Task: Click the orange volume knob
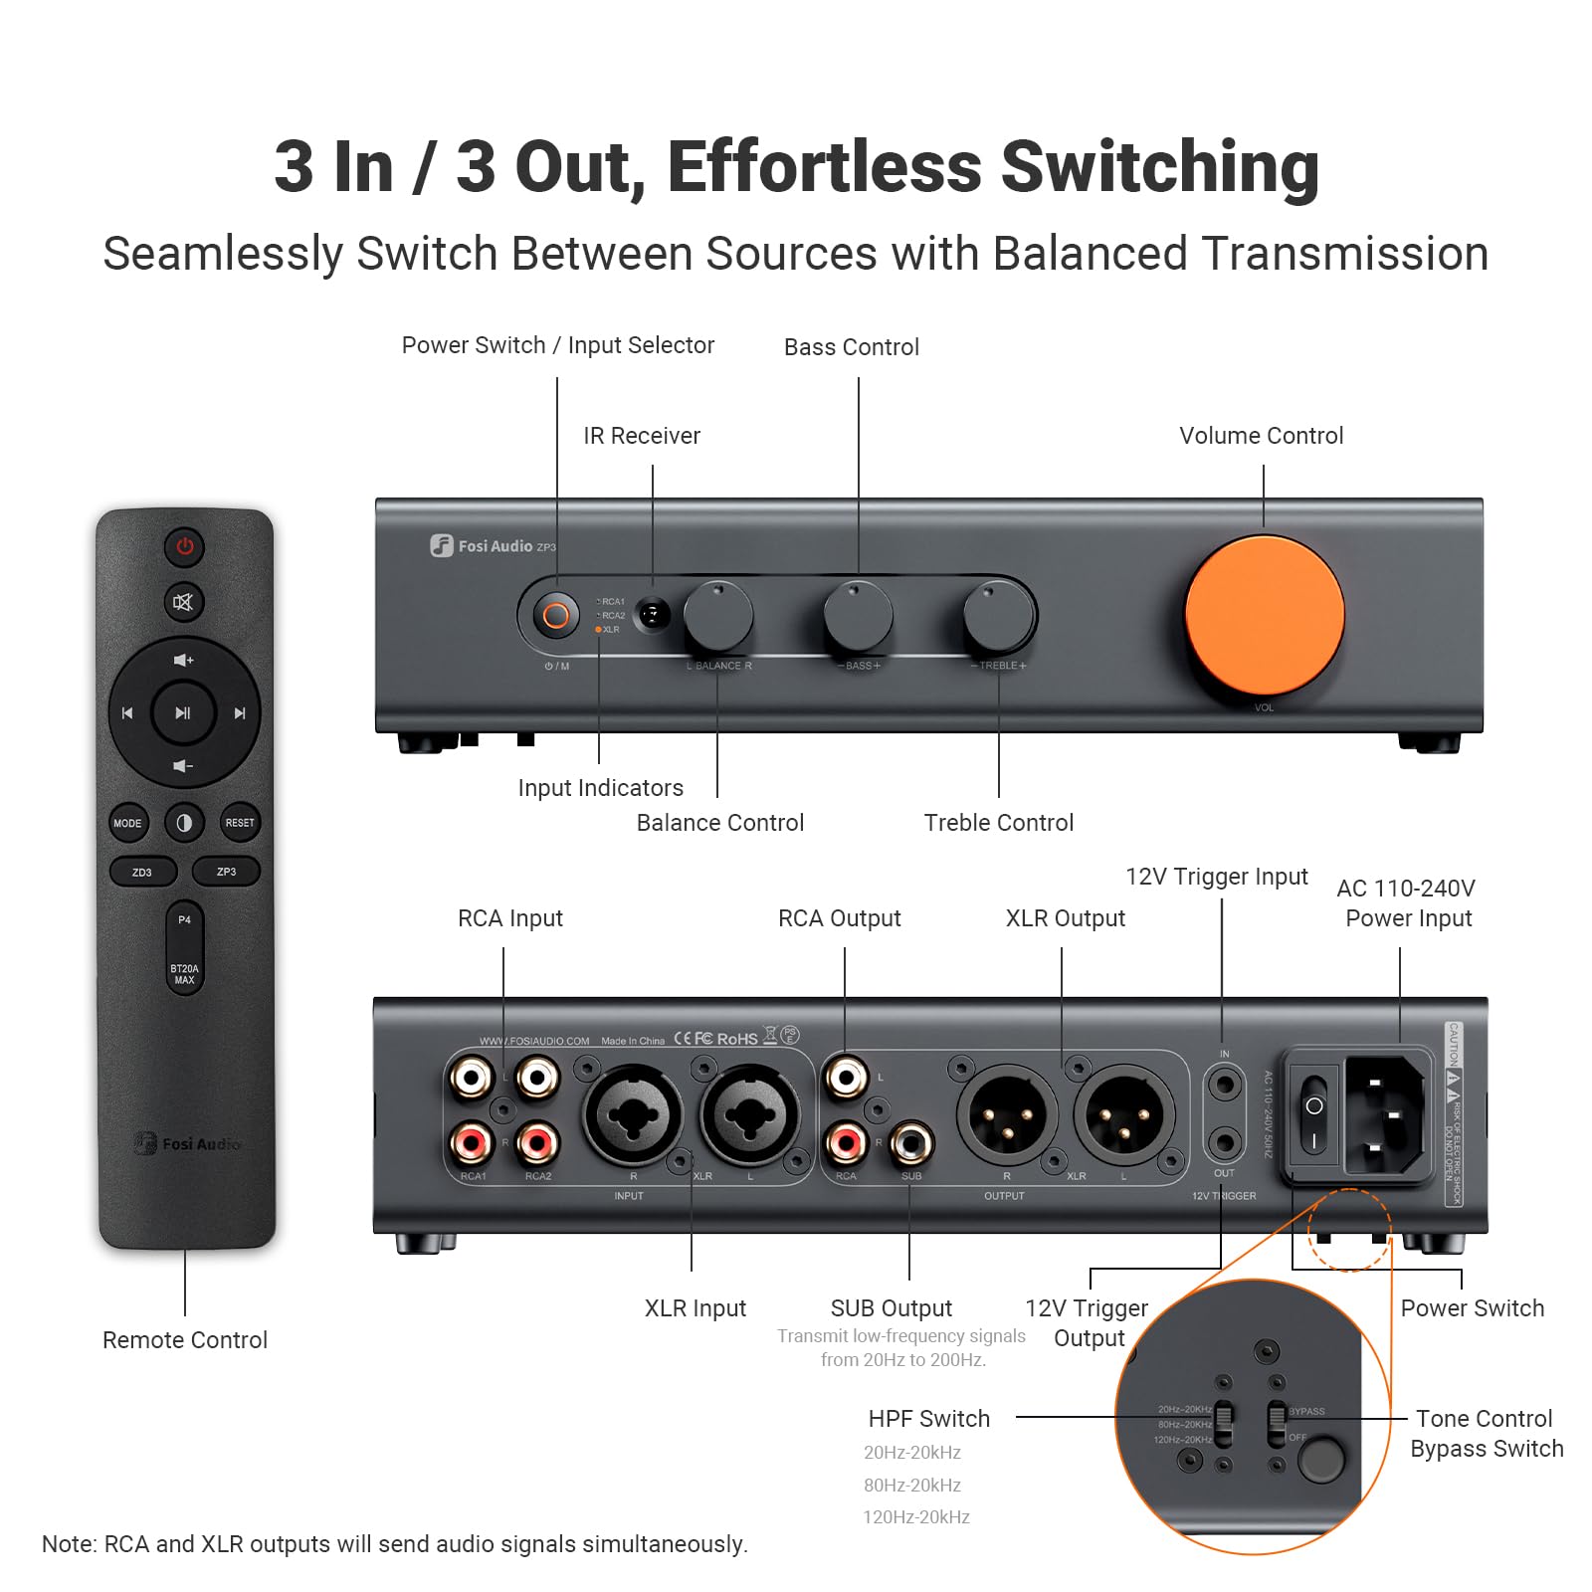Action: tap(1264, 615)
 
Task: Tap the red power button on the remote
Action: tap(185, 546)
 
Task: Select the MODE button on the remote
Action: tap(127, 823)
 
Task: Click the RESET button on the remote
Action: tap(240, 823)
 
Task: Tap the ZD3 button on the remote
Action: tap(142, 872)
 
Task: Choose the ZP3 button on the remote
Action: tap(227, 872)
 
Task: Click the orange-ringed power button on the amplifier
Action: tap(556, 616)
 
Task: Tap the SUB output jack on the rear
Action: tap(910, 1143)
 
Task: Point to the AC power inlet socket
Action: tap(1384, 1115)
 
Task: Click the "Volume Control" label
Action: tap(1261, 436)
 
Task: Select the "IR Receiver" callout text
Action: tap(642, 436)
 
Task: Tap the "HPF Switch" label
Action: tap(928, 1419)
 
